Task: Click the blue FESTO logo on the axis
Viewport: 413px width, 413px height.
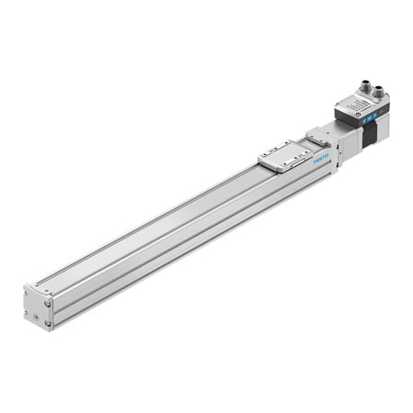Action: [x=322, y=159]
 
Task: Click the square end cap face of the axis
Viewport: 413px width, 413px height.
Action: [x=38, y=307]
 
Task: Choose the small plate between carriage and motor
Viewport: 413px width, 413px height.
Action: [x=320, y=134]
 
